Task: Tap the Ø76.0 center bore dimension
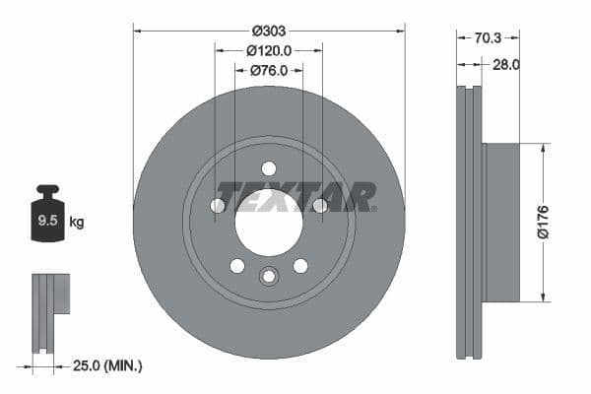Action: [268, 70]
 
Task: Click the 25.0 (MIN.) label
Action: [107, 365]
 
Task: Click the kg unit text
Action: [77, 223]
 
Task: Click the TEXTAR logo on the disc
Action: [296, 197]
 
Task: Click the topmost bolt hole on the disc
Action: [269, 167]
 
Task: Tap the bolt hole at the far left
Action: [218, 205]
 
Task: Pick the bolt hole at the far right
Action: [319, 205]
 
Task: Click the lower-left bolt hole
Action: [236, 265]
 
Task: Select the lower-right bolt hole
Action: [300, 265]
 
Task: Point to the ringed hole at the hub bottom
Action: [269, 276]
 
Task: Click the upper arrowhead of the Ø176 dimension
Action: [542, 148]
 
